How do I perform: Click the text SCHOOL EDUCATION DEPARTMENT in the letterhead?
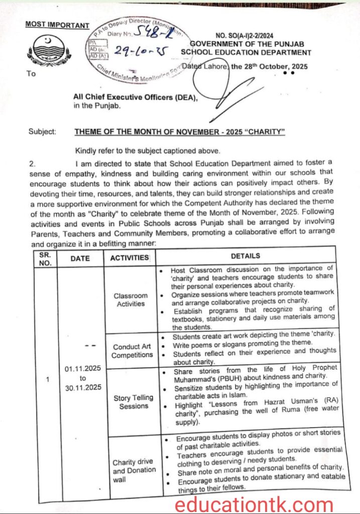coord(246,52)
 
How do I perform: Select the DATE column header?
coord(80,259)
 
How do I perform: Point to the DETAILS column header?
coord(245,256)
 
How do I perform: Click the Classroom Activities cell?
coord(131,300)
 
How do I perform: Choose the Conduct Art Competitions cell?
coord(132,350)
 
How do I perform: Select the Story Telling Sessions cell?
coord(133,402)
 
